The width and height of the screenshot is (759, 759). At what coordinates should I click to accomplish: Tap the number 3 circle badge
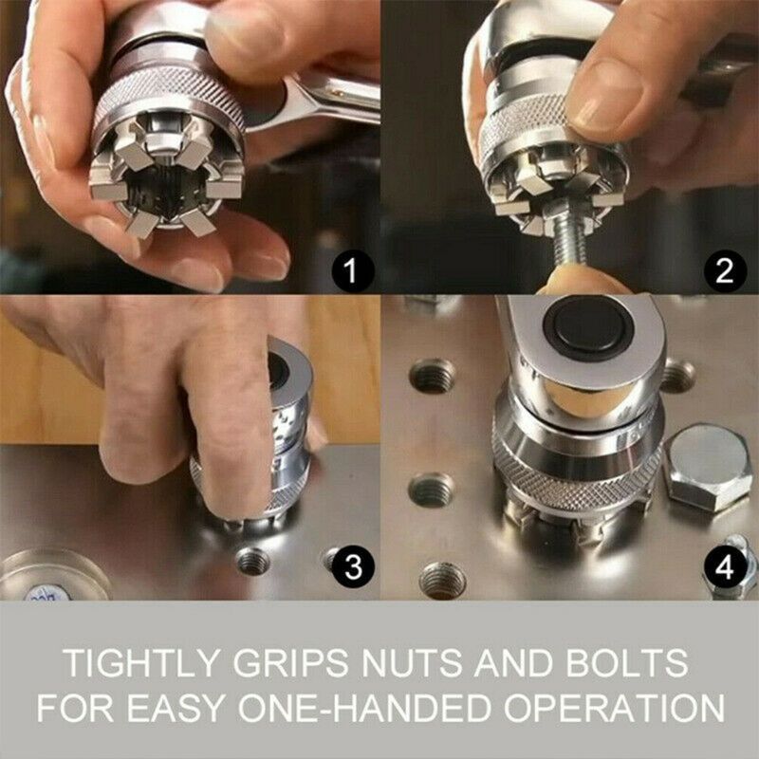pyautogui.click(x=352, y=566)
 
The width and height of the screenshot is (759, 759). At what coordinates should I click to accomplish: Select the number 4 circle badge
pyautogui.click(x=724, y=566)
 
